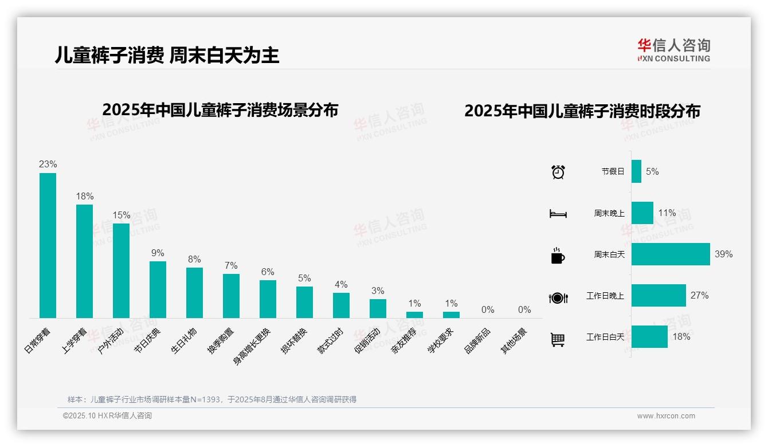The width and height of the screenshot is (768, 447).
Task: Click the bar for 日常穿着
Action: (x=48, y=245)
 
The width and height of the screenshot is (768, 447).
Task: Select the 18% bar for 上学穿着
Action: (x=84, y=261)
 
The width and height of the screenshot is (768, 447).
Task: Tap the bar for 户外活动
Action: (x=121, y=270)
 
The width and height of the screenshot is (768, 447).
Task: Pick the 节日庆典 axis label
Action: (x=148, y=340)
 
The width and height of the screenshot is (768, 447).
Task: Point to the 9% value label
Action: (x=158, y=253)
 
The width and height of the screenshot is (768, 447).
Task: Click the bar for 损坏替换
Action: (x=304, y=302)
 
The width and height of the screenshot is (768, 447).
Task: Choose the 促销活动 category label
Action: (x=367, y=340)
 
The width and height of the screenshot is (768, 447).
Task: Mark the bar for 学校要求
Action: (x=451, y=315)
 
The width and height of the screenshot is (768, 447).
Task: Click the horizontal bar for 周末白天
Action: (x=671, y=254)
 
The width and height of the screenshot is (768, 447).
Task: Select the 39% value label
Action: (x=723, y=254)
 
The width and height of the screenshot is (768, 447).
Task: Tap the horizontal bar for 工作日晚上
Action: (x=659, y=295)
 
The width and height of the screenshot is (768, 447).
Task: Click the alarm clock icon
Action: (x=558, y=172)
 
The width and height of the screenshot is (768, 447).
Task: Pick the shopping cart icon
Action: (x=558, y=339)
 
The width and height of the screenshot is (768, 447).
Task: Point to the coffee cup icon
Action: (x=558, y=256)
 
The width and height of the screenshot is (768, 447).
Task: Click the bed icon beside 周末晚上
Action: (x=558, y=214)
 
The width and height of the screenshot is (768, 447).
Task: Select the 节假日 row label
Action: (x=613, y=171)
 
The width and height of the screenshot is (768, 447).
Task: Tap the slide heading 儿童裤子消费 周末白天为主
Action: (x=167, y=55)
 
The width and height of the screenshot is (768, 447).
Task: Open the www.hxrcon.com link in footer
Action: (x=666, y=416)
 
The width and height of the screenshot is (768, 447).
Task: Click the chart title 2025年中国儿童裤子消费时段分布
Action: (x=582, y=111)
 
